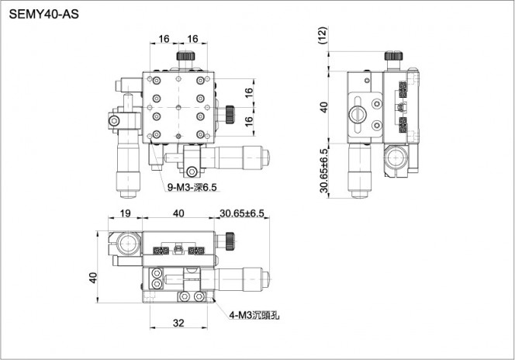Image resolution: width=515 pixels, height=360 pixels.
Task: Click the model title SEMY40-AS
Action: tap(43, 15)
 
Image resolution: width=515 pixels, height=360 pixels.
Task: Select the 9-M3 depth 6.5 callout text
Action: tap(192, 187)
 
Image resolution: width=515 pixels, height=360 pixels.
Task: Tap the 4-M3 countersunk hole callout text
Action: tap(254, 315)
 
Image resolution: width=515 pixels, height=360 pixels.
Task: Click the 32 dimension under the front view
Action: tap(178, 324)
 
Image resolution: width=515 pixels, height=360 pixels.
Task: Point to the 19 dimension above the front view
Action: tap(125, 213)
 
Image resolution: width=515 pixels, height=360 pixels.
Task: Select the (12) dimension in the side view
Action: tap(323, 36)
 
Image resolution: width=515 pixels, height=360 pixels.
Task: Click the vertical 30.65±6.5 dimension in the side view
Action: tap(324, 171)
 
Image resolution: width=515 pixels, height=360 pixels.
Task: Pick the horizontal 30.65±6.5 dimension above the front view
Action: tap(242, 213)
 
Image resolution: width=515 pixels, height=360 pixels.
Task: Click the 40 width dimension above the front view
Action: tap(178, 213)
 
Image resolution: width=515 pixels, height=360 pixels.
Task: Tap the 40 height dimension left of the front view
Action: tap(93, 278)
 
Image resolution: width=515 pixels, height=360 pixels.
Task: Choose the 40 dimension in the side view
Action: tap(324, 107)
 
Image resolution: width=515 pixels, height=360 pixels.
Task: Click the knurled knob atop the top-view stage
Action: tap(185, 56)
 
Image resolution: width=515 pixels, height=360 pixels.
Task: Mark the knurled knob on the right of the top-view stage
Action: tap(230, 115)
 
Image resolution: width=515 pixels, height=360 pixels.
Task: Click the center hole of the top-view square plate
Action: tap(178, 107)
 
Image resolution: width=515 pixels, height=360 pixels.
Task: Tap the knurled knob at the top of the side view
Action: tap(394, 56)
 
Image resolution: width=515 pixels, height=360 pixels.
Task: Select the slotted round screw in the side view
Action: tap(358, 114)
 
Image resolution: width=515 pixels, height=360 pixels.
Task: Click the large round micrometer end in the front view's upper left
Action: tap(130, 244)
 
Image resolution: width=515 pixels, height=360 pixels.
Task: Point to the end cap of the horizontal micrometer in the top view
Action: tap(266, 157)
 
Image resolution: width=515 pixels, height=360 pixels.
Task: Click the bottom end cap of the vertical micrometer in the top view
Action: tap(129, 195)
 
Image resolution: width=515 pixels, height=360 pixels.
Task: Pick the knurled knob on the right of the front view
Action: tap(230, 241)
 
